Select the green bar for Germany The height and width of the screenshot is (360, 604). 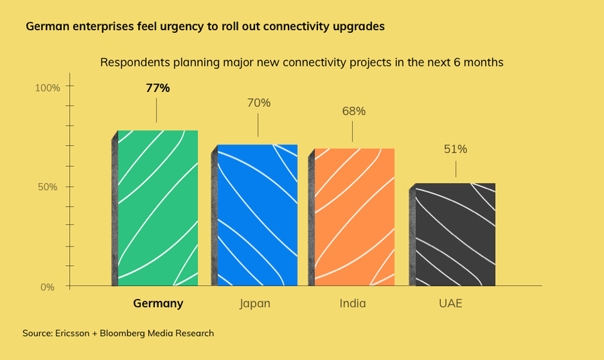(x=158, y=208)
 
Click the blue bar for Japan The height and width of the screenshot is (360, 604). (x=258, y=215)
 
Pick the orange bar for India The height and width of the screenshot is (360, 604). (x=354, y=217)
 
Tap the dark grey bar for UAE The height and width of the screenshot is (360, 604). (x=455, y=234)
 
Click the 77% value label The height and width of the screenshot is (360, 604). (x=158, y=88)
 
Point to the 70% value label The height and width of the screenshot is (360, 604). (x=258, y=103)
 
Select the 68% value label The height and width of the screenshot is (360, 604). (x=353, y=111)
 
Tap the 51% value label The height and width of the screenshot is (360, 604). (x=455, y=149)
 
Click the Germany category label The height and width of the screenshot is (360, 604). (x=158, y=304)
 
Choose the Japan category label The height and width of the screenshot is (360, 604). (x=255, y=304)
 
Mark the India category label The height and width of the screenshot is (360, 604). (x=353, y=304)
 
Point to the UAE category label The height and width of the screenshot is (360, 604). (x=450, y=304)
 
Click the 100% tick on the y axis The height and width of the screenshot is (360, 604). (x=48, y=88)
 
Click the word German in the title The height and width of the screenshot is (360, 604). (x=45, y=28)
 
